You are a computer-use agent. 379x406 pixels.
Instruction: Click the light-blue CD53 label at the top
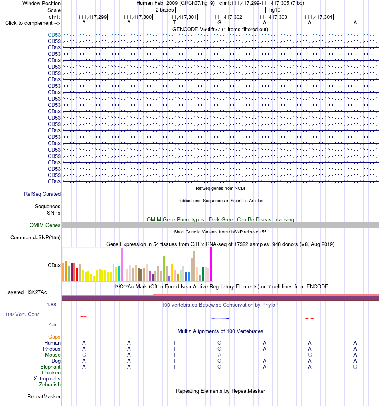click(x=54, y=35)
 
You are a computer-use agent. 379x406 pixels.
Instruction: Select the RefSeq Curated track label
click(x=42, y=194)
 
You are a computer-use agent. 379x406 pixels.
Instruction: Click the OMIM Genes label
click(x=45, y=225)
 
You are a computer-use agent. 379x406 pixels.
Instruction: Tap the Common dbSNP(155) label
click(x=36, y=237)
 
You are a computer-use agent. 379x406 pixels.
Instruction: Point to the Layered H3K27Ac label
click(x=26, y=292)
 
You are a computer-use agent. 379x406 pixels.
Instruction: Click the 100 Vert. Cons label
click(x=22, y=314)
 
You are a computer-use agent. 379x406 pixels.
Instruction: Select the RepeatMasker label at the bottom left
click(x=44, y=397)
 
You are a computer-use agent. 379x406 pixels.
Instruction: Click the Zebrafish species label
click(x=50, y=385)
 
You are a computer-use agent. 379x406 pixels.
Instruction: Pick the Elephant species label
click(x=50, y=367)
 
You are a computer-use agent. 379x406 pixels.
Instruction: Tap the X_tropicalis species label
click(x=47, y=378)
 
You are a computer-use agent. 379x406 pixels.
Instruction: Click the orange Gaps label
click(x=54, y=337)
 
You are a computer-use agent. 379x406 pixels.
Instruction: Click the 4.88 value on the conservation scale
click(x=51, y=305)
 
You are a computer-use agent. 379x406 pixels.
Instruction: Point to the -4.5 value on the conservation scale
click(x=52, y=324)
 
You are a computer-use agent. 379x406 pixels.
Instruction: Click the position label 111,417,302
click(x=228, y=17)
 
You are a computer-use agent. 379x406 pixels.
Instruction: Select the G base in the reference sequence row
click(x=219, y=22)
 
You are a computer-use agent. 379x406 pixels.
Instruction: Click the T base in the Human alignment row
click(x=174, y=343)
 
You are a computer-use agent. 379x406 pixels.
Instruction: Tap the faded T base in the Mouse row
click(x=265, y=355)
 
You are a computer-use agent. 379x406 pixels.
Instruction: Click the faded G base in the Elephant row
click(x=355, y=367)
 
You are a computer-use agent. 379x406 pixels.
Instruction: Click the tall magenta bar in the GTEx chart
click(x=211, y=264)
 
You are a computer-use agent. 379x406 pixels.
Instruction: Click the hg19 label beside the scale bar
click(x=275, y=10)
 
